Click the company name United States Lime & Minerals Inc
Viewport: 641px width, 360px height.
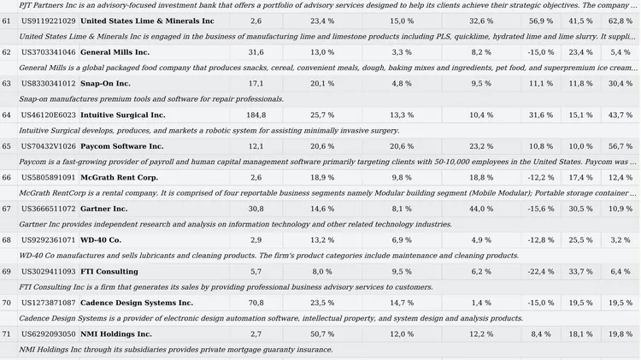click(147, 21)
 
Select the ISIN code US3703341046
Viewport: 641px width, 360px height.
click(48, 52)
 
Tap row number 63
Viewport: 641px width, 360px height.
click(6, 84)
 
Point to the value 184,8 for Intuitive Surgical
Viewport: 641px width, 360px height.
click(256, 115)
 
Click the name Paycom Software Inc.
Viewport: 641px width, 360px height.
click(122, 146)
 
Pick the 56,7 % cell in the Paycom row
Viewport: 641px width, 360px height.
click(620, 146)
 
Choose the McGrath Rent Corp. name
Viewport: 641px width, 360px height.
click(119, 178)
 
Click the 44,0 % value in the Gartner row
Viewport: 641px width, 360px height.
click(481, 209)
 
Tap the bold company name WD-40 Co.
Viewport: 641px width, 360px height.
click(101, 240)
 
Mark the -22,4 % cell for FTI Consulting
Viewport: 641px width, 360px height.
click(540, 272)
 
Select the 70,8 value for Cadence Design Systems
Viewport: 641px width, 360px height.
click(256, 303)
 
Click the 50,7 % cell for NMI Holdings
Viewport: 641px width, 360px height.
click(322, 334)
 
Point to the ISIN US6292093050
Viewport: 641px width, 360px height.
click(48, 334)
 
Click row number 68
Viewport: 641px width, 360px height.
click(6, 240)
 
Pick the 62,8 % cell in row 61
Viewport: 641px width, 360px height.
click(620, 21)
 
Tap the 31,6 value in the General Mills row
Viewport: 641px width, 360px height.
click(256, 52)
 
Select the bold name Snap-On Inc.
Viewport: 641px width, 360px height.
click(105, 84)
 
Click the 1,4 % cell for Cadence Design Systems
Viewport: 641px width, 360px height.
click(481, 303)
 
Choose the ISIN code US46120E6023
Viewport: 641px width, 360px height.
click(48, 115)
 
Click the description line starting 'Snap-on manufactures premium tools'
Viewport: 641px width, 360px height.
click(151, 99)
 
